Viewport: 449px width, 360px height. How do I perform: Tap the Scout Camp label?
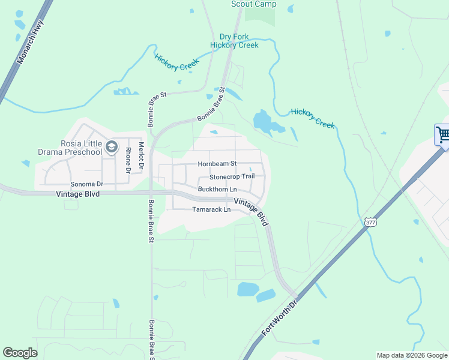point(254,4)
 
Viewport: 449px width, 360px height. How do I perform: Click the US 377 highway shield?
point(370,222)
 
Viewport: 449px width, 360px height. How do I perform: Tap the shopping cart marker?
point(442,134)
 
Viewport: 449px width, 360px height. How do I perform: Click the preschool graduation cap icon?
point(111,146)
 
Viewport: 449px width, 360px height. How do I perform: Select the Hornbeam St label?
point(217,164)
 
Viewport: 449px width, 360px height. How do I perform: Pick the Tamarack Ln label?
point(211,210)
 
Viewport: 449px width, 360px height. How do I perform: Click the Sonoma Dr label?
point(87,184)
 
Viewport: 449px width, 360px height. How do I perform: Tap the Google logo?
point(20,353)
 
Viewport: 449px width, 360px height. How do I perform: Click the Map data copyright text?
point(412,355)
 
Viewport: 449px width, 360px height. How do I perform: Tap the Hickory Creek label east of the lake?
point(313,118)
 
